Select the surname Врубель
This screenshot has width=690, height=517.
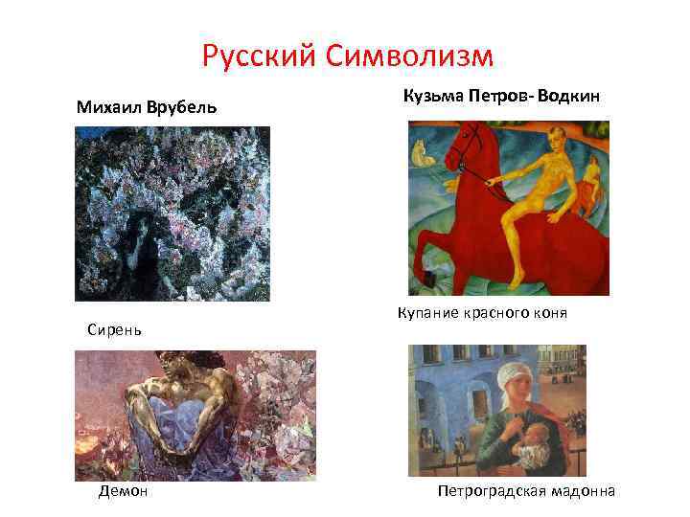pyautogui.click(x=182, y=106)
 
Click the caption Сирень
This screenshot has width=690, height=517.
pyautogui.click(x=114, y=329)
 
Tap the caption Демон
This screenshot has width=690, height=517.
pyautogui.click(x=123, y=491)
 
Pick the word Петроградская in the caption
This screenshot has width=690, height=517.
pyautogui.click(x=491, y=491)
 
